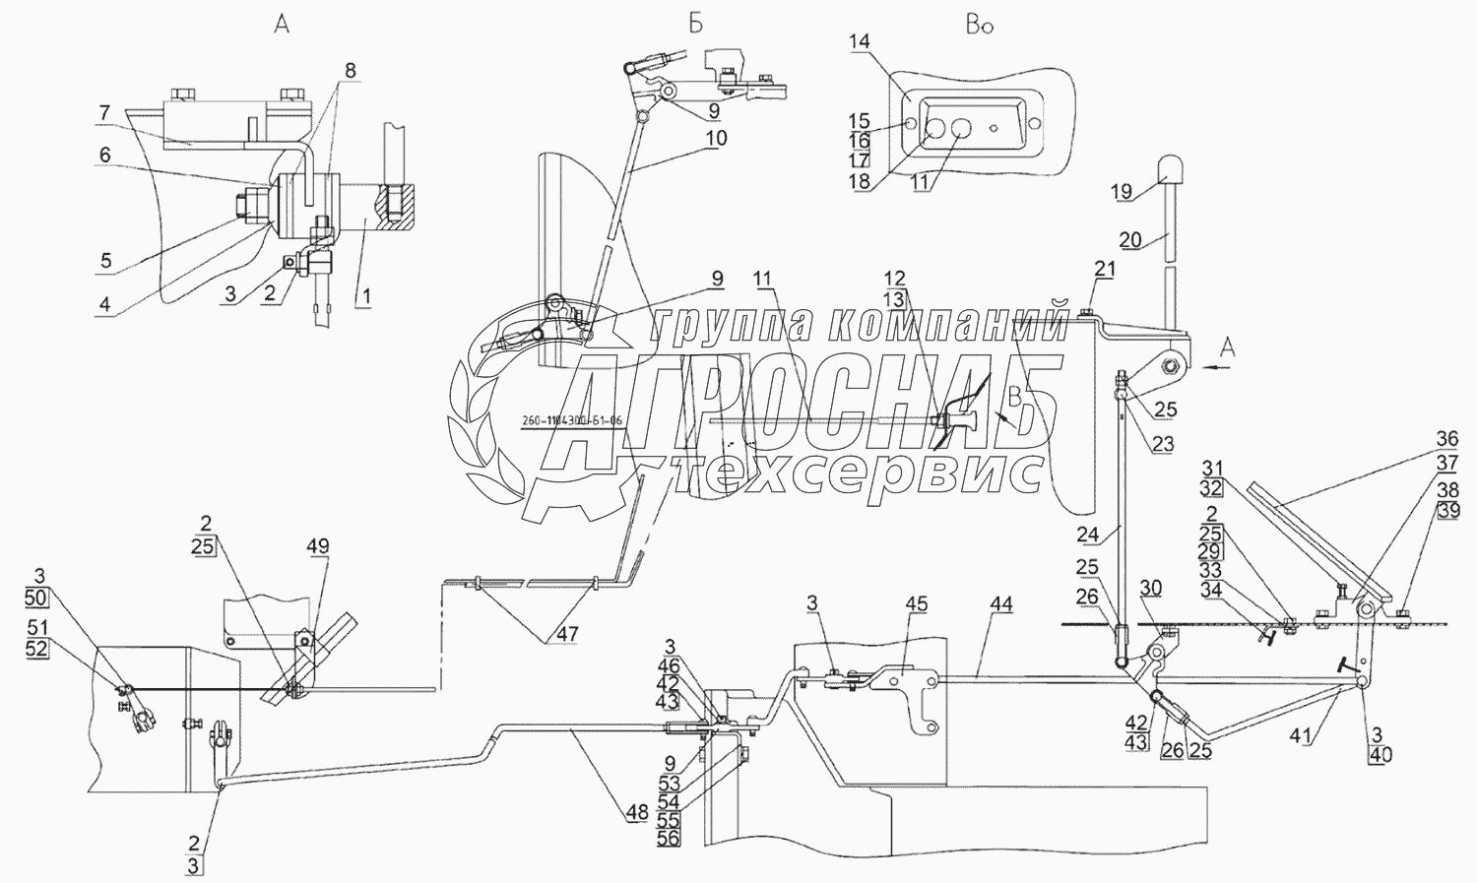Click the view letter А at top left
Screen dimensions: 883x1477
point(282,26)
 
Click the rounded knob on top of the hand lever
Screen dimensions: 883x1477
point(1172,170)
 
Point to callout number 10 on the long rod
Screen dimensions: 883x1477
point(716,139)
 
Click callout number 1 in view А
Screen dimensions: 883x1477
point(363,295)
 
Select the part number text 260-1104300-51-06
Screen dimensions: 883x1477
point(586,421)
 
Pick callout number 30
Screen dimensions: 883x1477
point(1150,588)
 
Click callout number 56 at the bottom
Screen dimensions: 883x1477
point(670,838)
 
